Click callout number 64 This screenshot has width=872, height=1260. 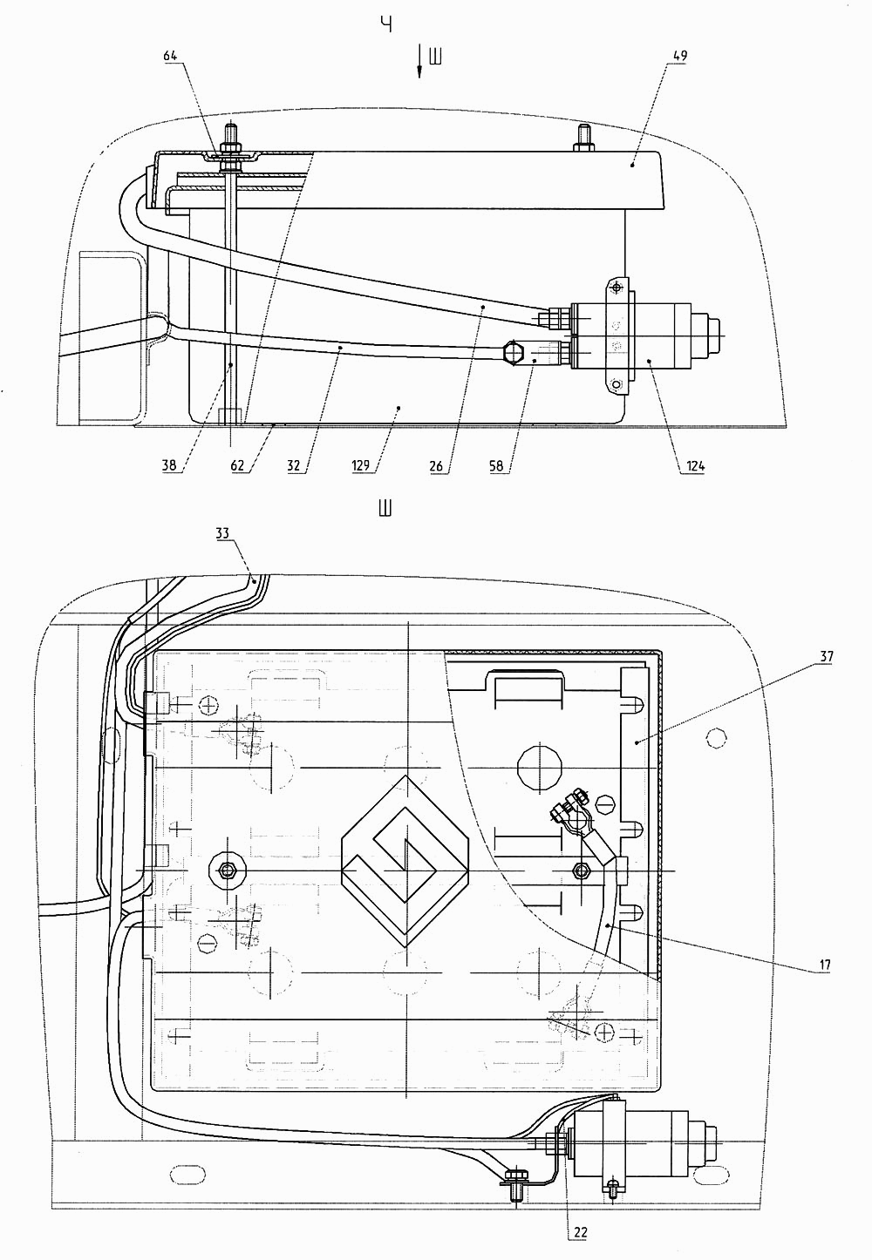pyautogui.click(x=170, y=56)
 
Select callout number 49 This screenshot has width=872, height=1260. pyautogui.click(x=679, y=56)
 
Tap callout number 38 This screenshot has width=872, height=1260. pyautogui.click(x=169, y=465)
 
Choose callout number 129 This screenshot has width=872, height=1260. pyautogui.click(x=360, y=465)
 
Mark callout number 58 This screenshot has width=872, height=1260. pyautogui.click(x=496, y=465)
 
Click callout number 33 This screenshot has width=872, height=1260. pyautogui.click(x=223, y=532)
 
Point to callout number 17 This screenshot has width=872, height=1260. pyautogui.click(x=825, y=965)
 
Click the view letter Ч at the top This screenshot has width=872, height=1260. pyautogui.click(x=386, y=24)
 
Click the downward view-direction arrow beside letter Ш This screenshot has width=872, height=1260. pyautogui.click(x=419, y=62)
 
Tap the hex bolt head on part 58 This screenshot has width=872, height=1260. pyautogui.click(x=514, y=353)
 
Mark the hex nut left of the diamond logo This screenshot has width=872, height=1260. pyautogui.click(x=227, y=870)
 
